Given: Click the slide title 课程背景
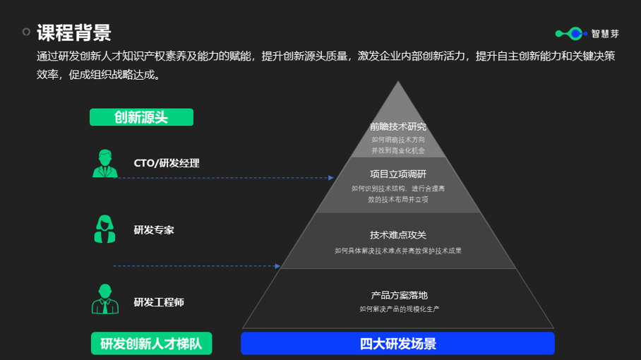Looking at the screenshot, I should point(73,32).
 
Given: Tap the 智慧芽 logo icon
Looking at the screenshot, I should point(570,33).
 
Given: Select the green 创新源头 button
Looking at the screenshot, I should point(141,117).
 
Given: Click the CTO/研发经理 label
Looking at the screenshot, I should point(167,163).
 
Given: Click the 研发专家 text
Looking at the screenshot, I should point(154,230).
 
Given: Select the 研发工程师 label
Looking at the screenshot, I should point(159,302).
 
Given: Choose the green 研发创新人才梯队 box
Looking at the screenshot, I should point(151,344).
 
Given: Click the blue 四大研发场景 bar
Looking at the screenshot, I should point(397,344).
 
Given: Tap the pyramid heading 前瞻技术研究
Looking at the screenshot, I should point(398,127).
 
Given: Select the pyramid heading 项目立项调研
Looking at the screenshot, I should point(398,174).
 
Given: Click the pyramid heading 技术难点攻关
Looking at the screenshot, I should point(398,235).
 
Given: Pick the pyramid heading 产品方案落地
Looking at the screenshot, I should point(399,296).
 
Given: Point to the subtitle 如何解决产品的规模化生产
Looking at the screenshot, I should point(399,309).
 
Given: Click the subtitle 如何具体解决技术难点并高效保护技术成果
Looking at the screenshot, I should point(398,251).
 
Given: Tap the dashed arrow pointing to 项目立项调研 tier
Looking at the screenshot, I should point(224,178).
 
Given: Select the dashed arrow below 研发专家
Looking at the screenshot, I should point(196,266).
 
